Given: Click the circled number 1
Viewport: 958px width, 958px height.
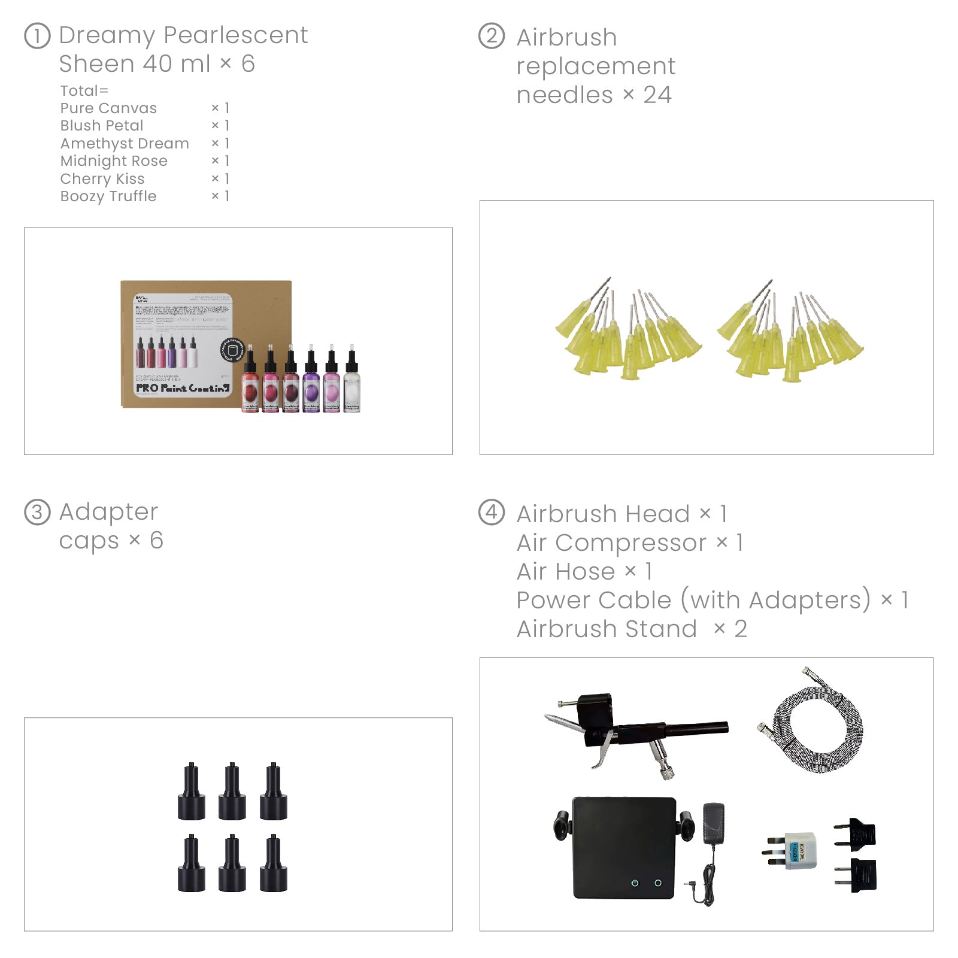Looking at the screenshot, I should pyautogui.click(x=37, y=36).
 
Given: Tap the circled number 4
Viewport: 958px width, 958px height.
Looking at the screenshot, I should pyautogui.click(x=492, y=513).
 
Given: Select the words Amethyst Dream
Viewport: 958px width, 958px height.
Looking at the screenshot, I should pyautogui.click(x=125, y=144).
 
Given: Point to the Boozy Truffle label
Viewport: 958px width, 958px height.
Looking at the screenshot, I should pyautogui.click(x=108, y=196).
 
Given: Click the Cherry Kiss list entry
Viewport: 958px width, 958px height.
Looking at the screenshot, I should pyautogui.click(x=102, y=179).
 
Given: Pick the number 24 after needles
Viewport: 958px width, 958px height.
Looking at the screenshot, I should pyautogui.click(x=657, y=95).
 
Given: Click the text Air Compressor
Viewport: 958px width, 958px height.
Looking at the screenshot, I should pyautogui.click(x=611, y=542).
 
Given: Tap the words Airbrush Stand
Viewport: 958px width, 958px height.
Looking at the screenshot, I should pyautogui.click(x=607, y=629).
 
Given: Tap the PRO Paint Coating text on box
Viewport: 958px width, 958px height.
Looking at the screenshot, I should pyautogui.click(x=182, y=388).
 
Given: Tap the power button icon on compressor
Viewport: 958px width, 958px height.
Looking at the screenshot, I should pyautogui.click(x=635, y=883).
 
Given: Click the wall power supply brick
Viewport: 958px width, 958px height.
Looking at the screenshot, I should pyautogui.click(x=715, y=824).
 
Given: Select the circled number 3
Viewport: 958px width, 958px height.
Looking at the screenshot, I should pyautogui.click(x=37, y=513).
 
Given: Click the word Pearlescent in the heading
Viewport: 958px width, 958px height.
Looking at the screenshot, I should pyautogui.click(x=235, y=35).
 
